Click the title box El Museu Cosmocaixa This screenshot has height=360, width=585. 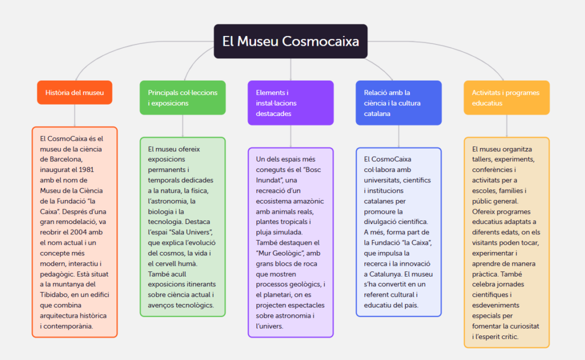pos(290,41)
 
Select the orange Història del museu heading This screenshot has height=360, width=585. pos(74,93)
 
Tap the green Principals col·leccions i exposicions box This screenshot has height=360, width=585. pos(182,98)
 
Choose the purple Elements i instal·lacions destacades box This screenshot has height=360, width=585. pos(290,103)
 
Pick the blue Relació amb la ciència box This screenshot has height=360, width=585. pos(398,103)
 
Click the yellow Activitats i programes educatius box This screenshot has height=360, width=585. pos(506,98)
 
